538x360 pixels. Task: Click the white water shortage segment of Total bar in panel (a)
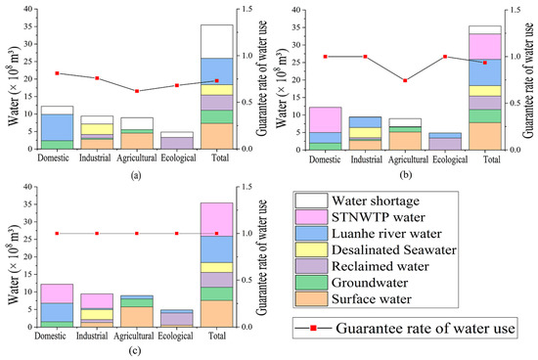[x=216, y=41]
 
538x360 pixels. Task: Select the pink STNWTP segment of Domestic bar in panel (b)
[x=325, y=119]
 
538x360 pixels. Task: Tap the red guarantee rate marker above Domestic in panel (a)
[x=58, y=73]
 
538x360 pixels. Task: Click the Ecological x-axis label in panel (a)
[x=177, y=158]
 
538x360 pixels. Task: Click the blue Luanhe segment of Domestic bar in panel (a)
[x=58, y=127]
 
